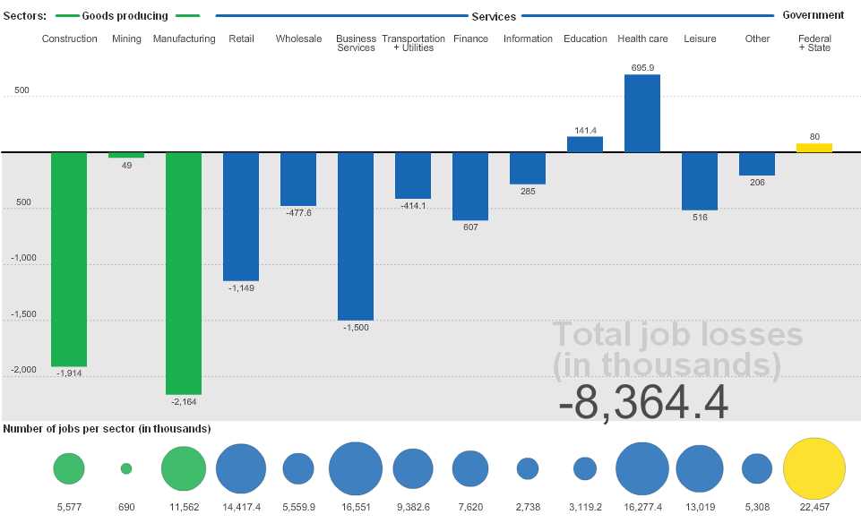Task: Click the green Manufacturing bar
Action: (184, 273)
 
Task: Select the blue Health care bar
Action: (642, 113)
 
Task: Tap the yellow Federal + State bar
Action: (814, 148)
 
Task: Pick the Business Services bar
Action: (356, 236)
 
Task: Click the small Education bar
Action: (585, 144)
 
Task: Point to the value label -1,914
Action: (69, 373)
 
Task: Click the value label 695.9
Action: (642, 68)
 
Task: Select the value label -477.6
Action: (298, 212)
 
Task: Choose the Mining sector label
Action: (126, 39)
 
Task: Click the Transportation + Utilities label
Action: (413, 43)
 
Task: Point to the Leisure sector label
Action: (700, 39)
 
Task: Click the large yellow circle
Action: (814, 468)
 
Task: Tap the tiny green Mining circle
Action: (126, 468)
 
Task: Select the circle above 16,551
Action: (356, 468)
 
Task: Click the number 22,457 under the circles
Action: (814, 506)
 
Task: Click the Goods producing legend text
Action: (125, 16)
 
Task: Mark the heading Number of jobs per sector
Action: (107, 429)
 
